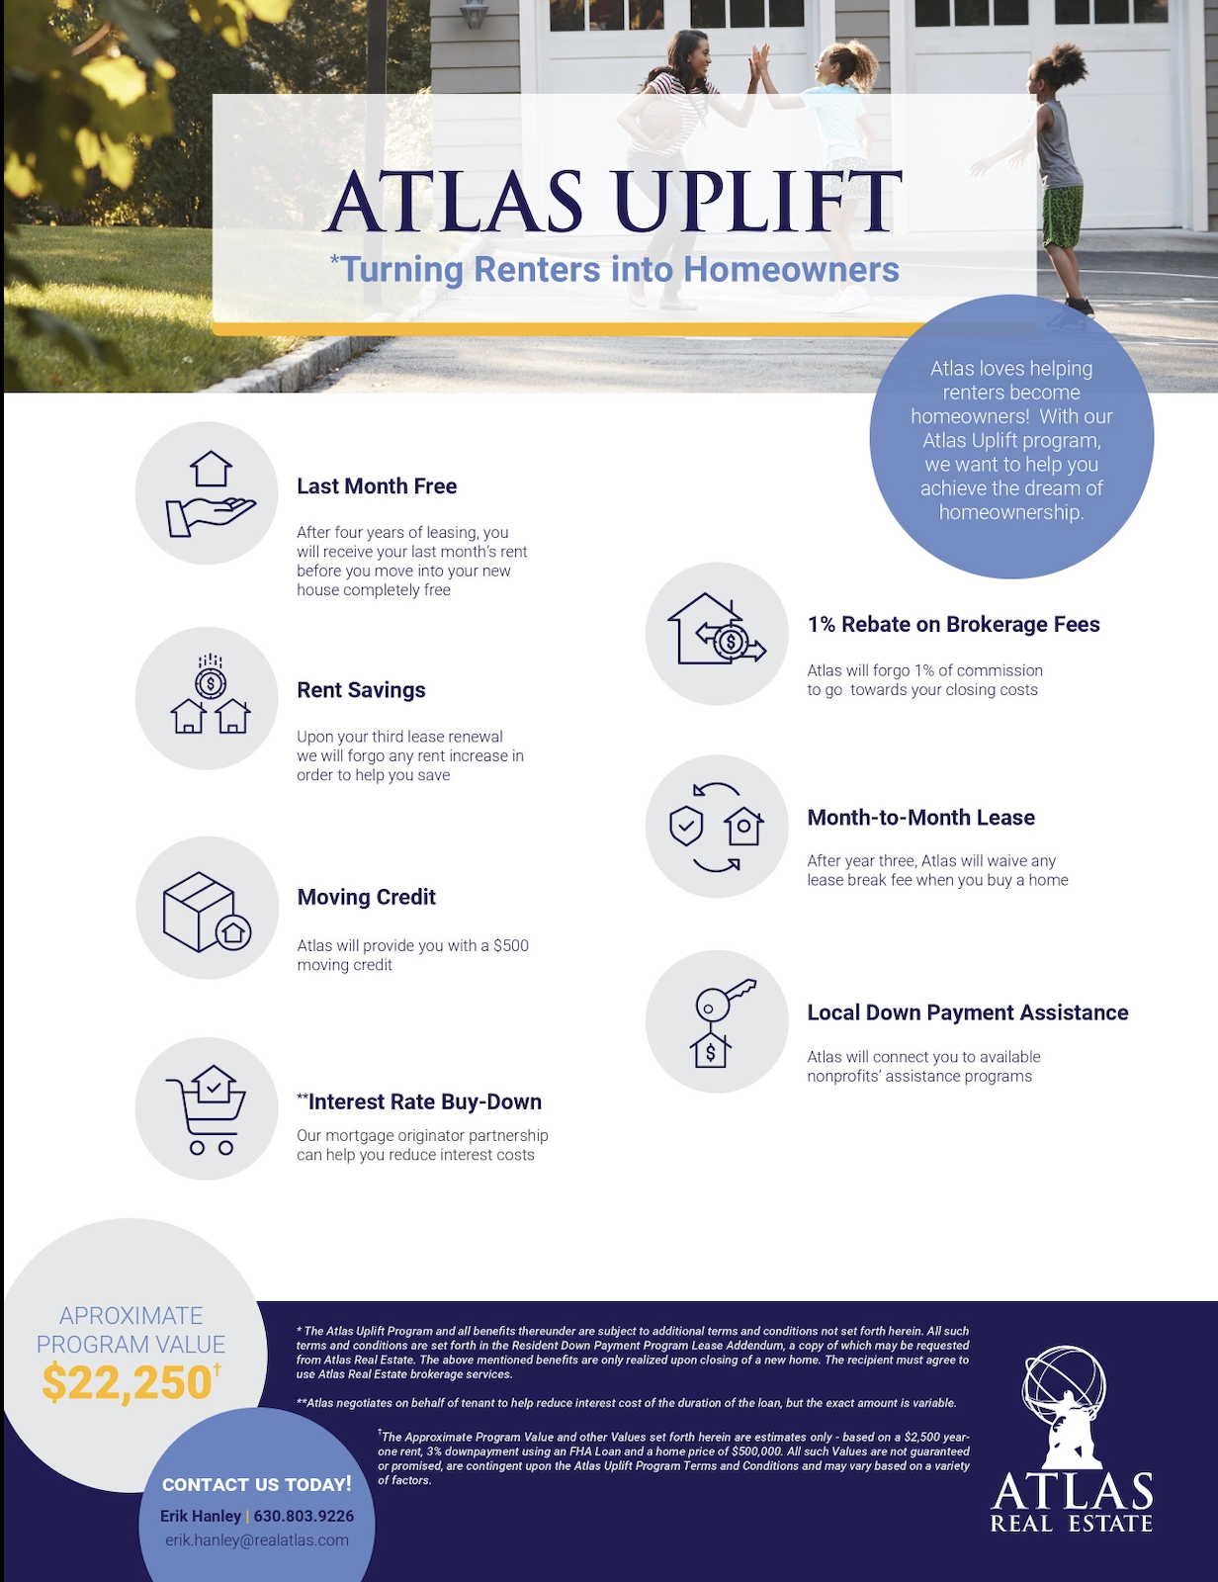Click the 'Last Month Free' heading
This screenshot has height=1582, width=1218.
[x=377, y=486]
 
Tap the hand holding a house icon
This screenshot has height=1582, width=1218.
[x=210, y=494]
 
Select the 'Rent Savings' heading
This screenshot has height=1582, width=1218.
[x=361, y=690]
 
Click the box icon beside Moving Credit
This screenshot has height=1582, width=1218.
[x=207, y=911]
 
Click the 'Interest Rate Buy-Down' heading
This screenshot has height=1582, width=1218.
[x=423, y=1101]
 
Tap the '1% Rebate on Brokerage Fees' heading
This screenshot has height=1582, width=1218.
[x=953, y=625]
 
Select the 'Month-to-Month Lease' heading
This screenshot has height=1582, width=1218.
[x=920, y=818]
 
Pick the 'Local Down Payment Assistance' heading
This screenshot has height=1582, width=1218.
[x=967, y=1012]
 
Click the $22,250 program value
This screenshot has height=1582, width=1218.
[x=128, y=1382]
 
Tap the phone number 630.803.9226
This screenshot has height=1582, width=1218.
[x=304, y=1516]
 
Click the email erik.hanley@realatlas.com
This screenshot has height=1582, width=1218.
[x=257, y=1540]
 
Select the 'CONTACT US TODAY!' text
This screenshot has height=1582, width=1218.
[x=256, y=1484]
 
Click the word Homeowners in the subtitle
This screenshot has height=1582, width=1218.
[x=791, y=270]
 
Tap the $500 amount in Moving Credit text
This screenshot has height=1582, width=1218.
[x=510, y=945]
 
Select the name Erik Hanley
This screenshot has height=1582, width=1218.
[x=201, y=1516]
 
